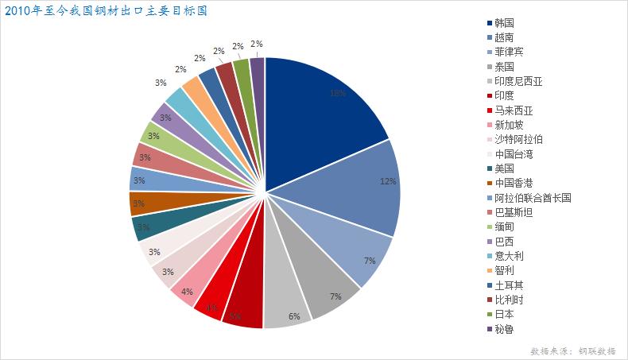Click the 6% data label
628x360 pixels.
tap(294, 316)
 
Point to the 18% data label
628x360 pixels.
tap(337, 93)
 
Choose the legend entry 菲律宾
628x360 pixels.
tap(508, 52)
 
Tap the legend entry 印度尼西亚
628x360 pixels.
tap(518, 81)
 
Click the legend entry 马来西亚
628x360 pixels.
tap(513, 110)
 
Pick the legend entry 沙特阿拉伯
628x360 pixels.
tap(518, 139)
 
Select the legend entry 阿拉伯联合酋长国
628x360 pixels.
tap(532, 198)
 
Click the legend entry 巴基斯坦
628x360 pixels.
tap(513, 212)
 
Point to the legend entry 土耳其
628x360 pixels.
tap(508, 285)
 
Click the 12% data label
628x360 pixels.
tap(388, 181)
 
